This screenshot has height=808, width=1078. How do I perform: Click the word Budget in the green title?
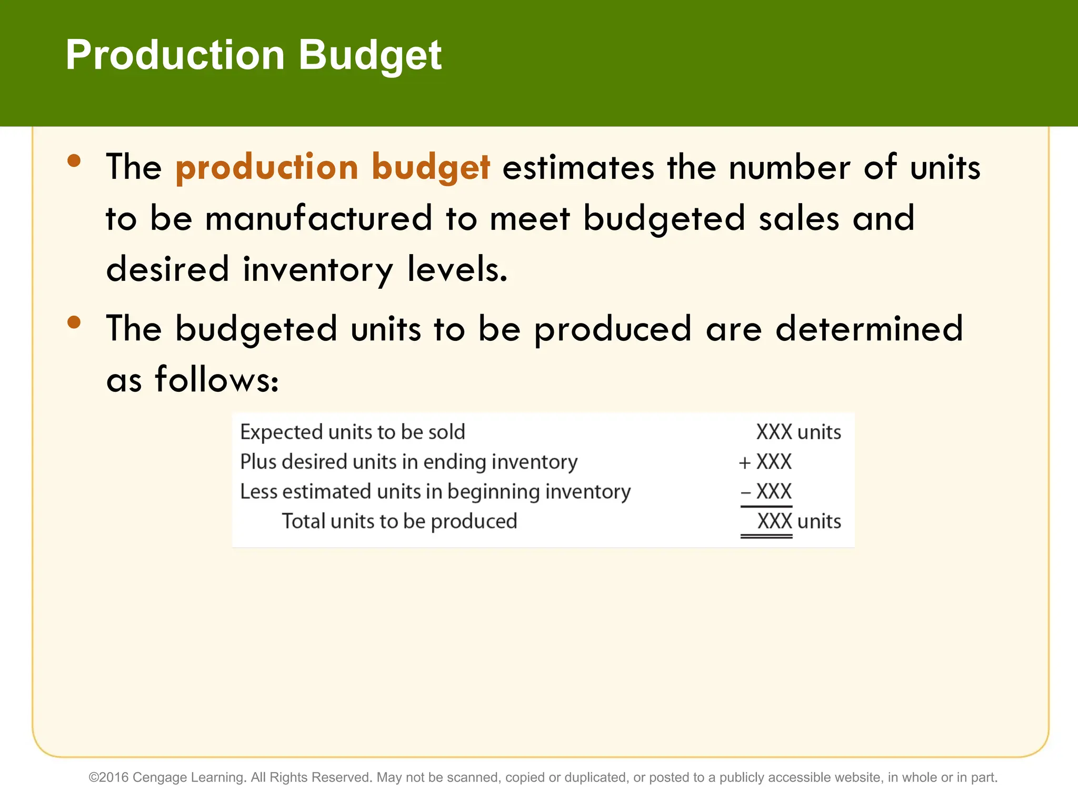370,56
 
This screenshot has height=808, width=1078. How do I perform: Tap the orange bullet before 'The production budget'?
74,160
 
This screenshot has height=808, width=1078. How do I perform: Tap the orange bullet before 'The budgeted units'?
74,322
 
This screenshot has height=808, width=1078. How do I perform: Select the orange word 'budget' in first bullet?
431,168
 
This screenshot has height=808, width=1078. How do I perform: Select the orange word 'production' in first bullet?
267,168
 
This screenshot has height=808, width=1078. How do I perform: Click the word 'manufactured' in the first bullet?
318,218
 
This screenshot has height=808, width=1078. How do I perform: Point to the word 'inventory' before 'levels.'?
317,269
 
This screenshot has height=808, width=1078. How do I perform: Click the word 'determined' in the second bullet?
869,329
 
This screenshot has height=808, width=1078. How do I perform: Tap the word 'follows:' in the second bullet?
216,379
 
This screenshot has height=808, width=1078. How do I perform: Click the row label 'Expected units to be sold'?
352,432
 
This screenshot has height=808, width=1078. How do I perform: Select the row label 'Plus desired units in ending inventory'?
408,462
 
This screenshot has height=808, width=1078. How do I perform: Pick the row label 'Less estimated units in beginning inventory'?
435,492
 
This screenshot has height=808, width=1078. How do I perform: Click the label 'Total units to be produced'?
400,521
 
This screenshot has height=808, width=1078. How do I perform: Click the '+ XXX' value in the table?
765,462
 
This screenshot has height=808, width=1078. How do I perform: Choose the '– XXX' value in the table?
766,492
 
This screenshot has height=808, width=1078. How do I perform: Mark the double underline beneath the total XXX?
766,537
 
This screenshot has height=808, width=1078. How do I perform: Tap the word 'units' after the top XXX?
819,432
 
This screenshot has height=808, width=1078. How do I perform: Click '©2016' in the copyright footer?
108,777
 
